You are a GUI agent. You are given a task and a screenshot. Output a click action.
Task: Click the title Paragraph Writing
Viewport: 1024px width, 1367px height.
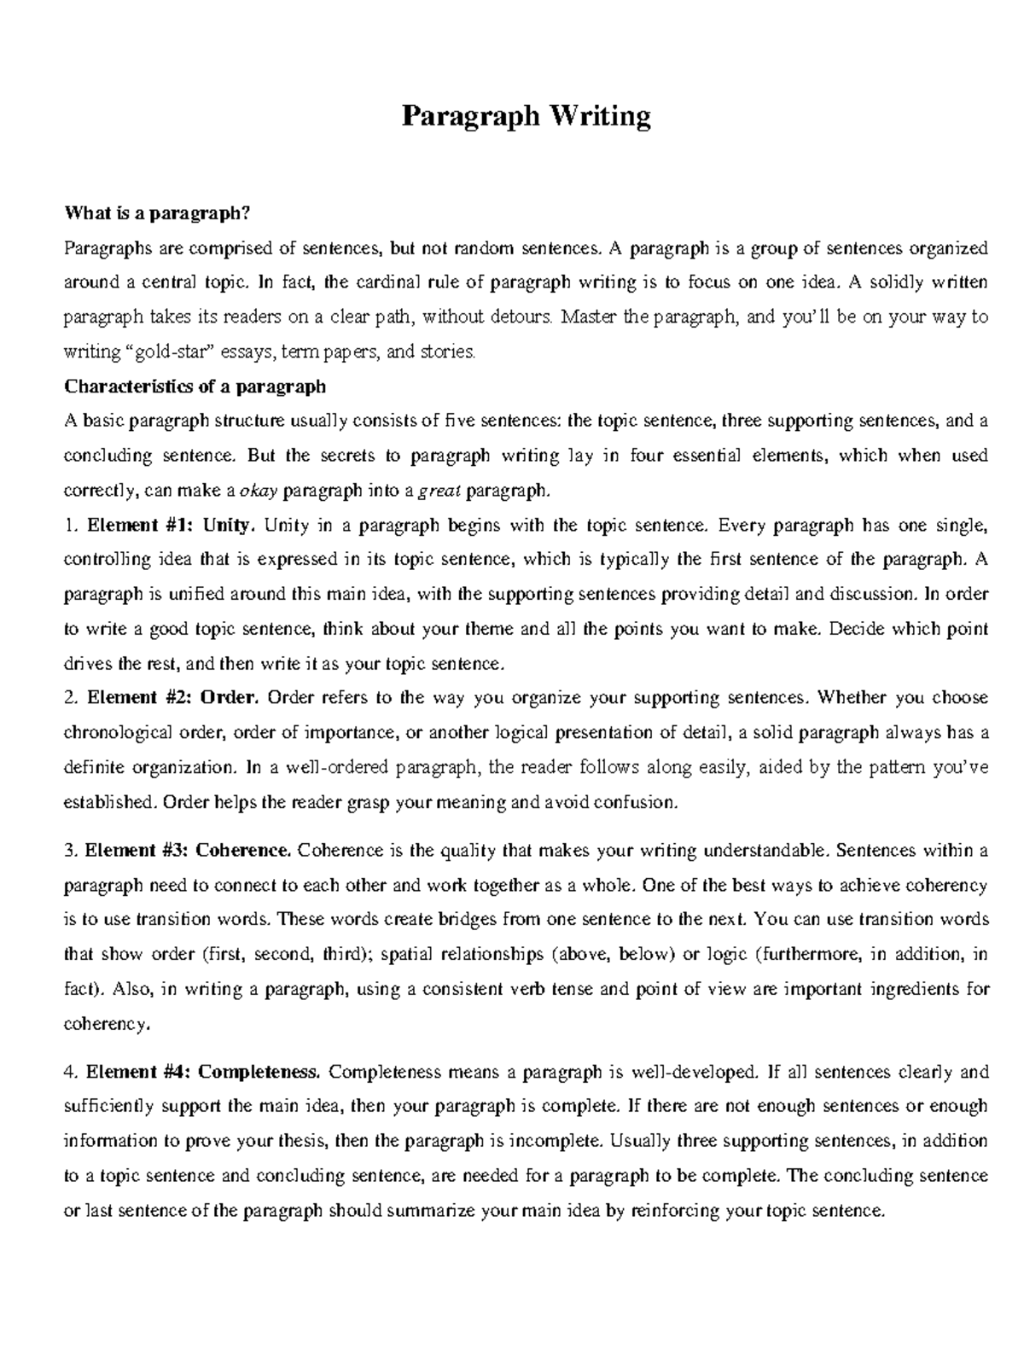pyautogui.click(x=526, y=116)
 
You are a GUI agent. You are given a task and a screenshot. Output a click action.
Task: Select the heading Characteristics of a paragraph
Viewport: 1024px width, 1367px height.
pyautogui.click(x=195, y=387)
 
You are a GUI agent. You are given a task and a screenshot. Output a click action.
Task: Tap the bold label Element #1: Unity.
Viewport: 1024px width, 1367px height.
pyautogui.click(x=171, y=525)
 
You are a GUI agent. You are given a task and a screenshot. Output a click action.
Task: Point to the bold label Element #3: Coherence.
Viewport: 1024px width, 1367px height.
pyautogui.click(x=189, y=850)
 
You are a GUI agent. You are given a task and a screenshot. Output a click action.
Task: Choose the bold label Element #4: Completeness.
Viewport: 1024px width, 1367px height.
pyautogui.click(x=204, y=1072)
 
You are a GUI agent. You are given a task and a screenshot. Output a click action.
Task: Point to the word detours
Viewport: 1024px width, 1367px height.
pyautogui.click(x=521, y=317)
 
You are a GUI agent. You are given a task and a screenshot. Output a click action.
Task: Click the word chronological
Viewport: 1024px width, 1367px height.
pyautogui.click(x=118, y=732)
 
